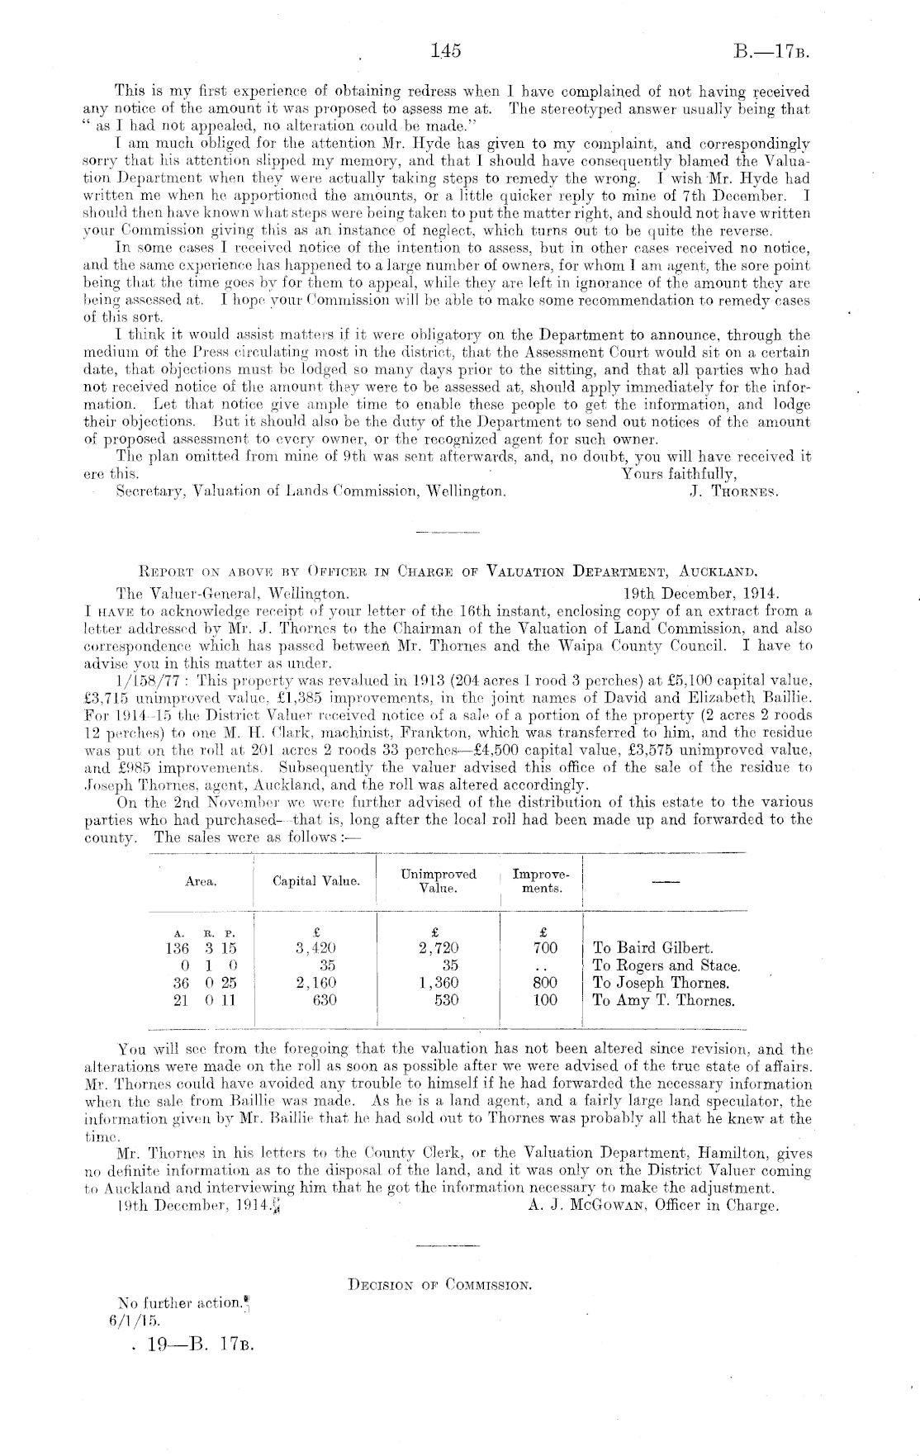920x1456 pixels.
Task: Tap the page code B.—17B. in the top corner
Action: tap(770, 53)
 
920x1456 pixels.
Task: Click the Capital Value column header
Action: tap(315, 881)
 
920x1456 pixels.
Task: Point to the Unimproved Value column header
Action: tap(438, 880)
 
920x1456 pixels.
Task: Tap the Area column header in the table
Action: tap(201, 881)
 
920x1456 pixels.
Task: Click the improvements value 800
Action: tap(545, 983)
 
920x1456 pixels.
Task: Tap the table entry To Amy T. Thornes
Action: tap(663, 1000)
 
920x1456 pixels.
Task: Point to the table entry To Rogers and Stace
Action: tap(666, 965)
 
